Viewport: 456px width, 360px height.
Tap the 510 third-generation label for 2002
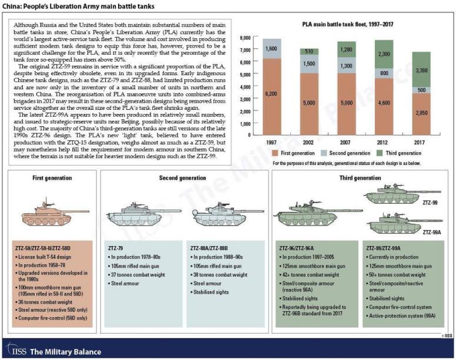pyautogui.click(x=309, y=52)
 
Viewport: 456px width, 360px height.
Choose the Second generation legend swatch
pyautogui.click(x=327, y=153)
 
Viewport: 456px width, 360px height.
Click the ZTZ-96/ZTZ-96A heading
pyautogui.click(x=300, y=248)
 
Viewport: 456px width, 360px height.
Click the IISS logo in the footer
pyautogui.click(x=15, y=351)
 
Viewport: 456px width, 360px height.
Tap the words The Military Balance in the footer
pyautogui.click(x=60, y=351)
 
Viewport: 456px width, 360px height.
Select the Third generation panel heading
pyautogui.click(x=361, y=178)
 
